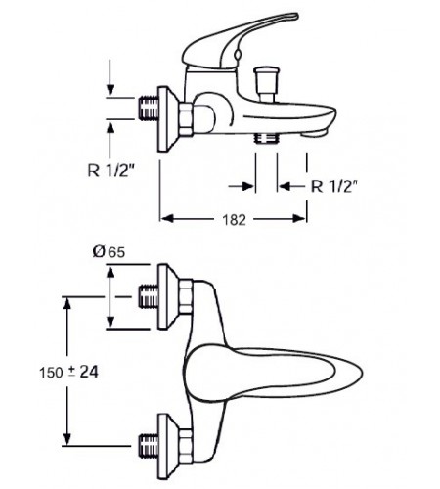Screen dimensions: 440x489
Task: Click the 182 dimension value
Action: [x=234, y=220]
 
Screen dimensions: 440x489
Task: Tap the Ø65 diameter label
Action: [x=109, y=252]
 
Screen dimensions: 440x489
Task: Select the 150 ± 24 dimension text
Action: [x=68, y=372]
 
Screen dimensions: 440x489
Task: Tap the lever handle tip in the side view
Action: [x=293, y=17]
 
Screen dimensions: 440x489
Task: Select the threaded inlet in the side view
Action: [x=149, y=108]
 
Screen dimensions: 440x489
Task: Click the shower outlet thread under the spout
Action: [x=266, y=138]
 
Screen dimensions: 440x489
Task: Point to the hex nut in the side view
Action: [x=186, y=119]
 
